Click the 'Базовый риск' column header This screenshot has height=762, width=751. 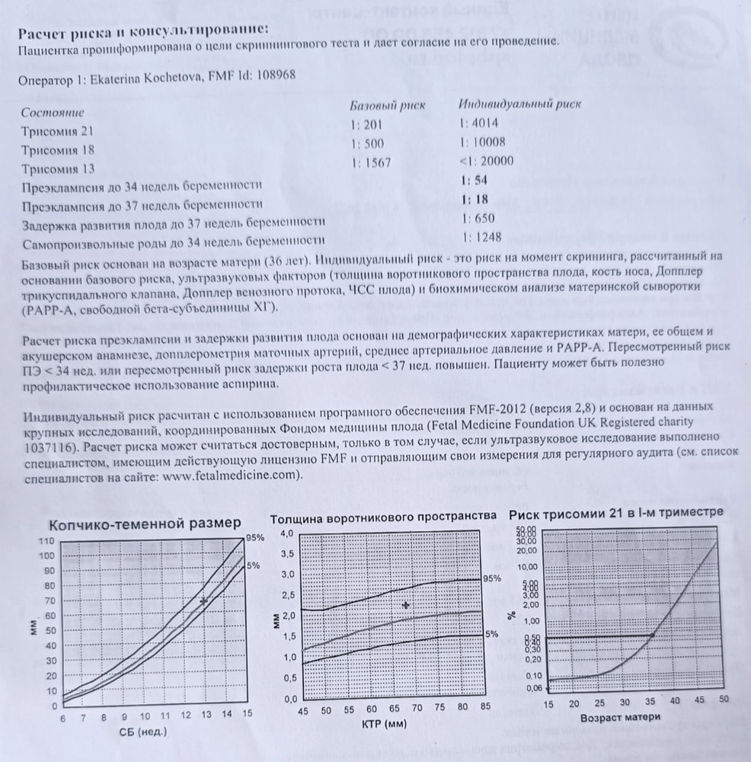click(x=387, y=104)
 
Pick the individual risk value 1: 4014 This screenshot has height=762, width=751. click(x=478, y=123)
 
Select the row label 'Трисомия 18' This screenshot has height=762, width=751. click(x=58, y=151)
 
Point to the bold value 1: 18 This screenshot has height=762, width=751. click(x=474, y=199)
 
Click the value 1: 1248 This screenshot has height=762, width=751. click(x=478, y=237)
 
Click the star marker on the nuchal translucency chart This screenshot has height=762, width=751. click(x=406, y=605)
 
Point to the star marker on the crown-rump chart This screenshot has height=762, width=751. click(x=203, y=601)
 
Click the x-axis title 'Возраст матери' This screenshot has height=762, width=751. click(x=620, y=717)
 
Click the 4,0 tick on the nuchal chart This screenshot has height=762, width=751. click(x=286, y=533)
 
